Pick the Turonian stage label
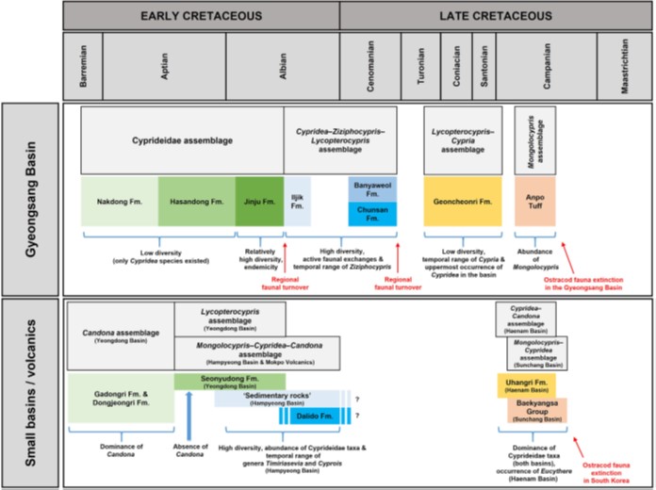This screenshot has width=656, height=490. (x=420, y=65)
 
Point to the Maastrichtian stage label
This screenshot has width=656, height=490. (x=625, y=65)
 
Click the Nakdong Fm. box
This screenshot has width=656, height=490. (x=119, y=201)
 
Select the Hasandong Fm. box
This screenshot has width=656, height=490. (x=195, y=201)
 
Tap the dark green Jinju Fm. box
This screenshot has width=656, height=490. (x=258, y=201)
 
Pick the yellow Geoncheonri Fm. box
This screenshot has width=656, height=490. (x=461, y=201)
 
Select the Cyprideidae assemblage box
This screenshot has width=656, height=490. (x=182, y=139)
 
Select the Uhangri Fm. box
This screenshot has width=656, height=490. (x=526, y=385)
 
